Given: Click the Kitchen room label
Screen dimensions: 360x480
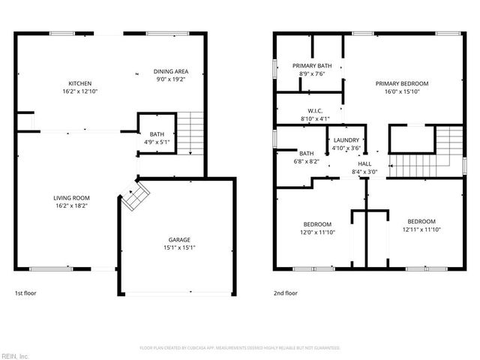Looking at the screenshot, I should [x=81, y=87].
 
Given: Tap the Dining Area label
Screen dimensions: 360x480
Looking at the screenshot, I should [x=170, y=74].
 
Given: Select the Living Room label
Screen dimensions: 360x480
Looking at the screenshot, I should [x=73, y=202].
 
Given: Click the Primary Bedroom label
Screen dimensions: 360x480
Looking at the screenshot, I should [x=402, y=87].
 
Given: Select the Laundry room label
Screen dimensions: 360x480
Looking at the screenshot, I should [x=346, y=143].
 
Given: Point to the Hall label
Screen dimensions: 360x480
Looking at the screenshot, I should [x=364, y=168].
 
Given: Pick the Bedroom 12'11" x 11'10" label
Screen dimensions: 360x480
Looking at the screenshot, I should [x=421, y=225].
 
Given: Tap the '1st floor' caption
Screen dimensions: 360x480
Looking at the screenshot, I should [x=25, y=294].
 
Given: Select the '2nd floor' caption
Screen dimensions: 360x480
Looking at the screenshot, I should [x=286, y=294].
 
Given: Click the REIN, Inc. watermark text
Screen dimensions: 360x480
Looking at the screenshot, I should [x=15, y=355].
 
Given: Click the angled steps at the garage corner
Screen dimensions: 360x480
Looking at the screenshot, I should [x=136, y=196].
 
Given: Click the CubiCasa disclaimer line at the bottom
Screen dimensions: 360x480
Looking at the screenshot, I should [x=240, y=348].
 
